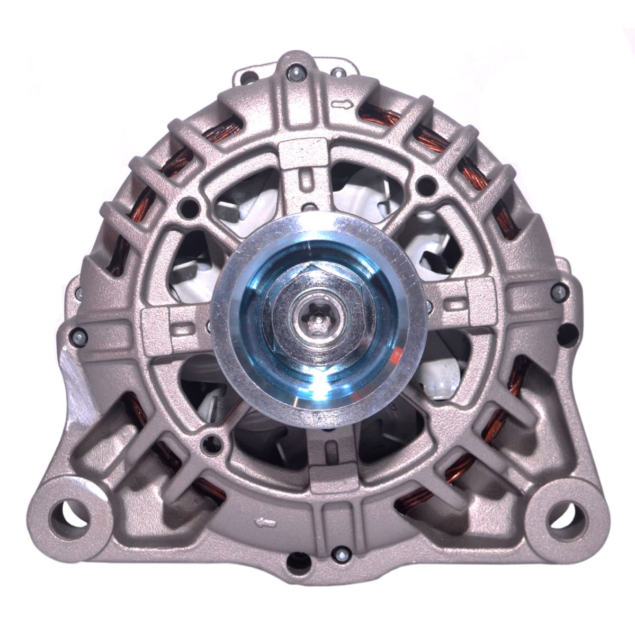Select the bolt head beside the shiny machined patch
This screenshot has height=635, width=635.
(79, 334)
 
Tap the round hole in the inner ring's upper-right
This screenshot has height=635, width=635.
(423, 185)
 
